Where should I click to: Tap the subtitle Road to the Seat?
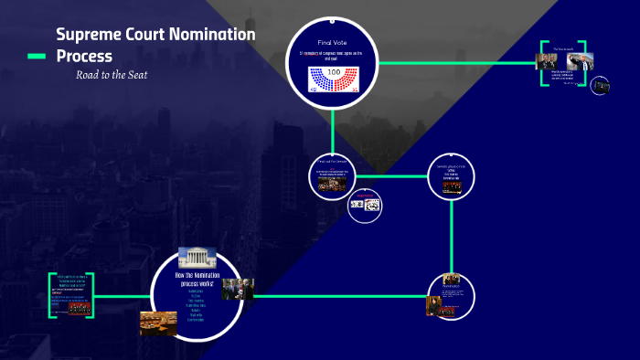[112, 75]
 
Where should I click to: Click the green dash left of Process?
[37, 57]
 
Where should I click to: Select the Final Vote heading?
[332, 43]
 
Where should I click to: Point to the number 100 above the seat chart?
[333, 71]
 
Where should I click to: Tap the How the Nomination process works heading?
[195, 279]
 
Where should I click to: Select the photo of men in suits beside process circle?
[237, 289]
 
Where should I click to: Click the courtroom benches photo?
[158, 322]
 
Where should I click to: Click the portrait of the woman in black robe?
[432, 305]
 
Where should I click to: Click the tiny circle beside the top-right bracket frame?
[600, 86]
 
